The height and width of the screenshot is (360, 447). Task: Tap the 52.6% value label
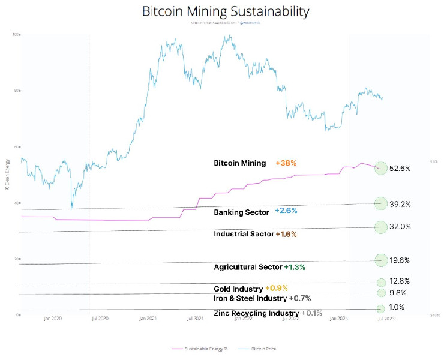400,169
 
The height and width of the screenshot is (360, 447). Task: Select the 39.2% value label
400,204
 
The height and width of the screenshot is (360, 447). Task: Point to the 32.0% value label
400,227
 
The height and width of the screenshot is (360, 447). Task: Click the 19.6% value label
400,260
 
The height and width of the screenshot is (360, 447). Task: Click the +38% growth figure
286,163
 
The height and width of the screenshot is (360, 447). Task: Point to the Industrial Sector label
244,233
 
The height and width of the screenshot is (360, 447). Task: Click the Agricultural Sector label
248,266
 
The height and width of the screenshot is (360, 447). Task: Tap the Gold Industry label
238,289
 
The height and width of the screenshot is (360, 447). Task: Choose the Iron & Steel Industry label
250,298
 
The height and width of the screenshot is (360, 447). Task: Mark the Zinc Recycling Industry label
256,313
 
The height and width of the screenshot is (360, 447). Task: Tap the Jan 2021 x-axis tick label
148,319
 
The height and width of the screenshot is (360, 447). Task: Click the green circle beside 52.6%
380,168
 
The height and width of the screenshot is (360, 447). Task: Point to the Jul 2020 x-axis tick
99,319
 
